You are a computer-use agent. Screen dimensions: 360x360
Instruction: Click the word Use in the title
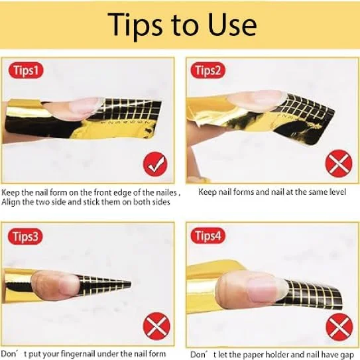[x=233, y=25]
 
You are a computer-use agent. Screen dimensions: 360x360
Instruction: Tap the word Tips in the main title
[x=135, y=26]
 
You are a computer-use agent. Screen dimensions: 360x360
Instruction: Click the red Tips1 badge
[x=26, y=70]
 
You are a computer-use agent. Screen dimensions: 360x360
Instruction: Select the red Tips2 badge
[x=208, y=70]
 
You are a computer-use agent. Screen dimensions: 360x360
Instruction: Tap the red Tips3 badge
[x=25, y=237]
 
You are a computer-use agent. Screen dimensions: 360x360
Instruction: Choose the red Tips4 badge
[x=208, y=236]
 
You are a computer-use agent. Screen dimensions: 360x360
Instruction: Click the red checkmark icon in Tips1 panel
[x=155, y=164]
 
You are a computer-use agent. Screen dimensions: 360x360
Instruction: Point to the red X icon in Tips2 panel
[x=339, y=163]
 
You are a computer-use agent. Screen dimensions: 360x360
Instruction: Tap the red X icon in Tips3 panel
[x=156, y=326]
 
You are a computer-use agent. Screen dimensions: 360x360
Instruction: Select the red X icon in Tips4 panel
[x=339, y=327]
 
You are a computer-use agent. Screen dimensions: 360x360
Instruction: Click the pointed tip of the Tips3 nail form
[x=131, y=284]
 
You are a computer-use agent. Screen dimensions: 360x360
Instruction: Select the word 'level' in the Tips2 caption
[x=338, y=192]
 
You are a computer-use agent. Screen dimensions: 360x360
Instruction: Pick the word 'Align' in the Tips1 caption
[x=10, y=202]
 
